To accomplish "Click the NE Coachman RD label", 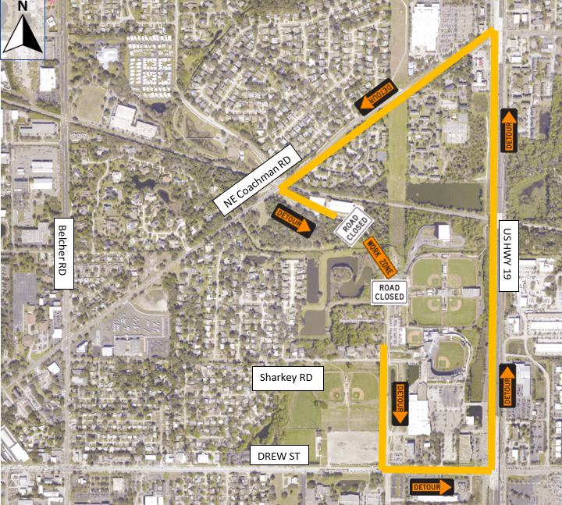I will [257, 181].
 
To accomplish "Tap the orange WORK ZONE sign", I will [380, 255].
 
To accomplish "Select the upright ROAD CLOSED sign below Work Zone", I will [389, 293].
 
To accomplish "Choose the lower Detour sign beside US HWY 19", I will [507, 386].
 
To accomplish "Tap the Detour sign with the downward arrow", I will [400, 404].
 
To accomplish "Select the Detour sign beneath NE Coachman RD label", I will [295, 221].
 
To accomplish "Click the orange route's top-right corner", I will [494, 31].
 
